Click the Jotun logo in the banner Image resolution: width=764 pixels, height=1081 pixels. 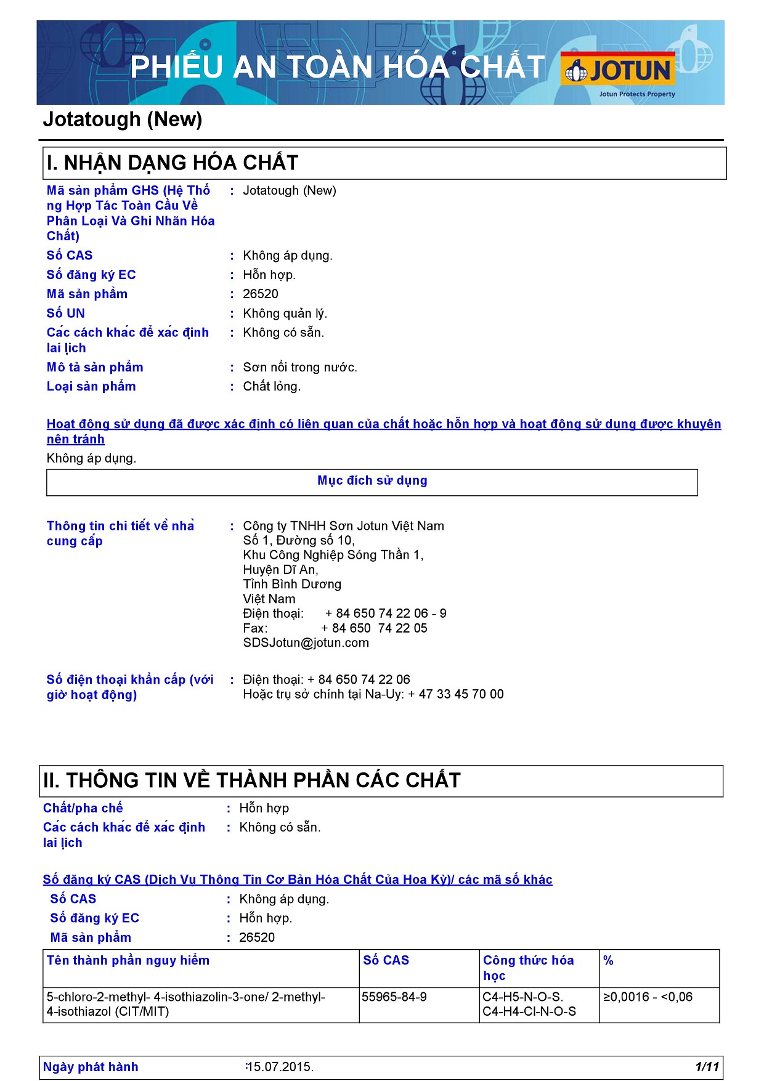tap(618, 71)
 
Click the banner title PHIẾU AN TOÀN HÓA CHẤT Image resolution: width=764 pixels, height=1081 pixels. tap(338, 67)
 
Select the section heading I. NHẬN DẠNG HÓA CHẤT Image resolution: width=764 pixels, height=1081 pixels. tap(173, 163)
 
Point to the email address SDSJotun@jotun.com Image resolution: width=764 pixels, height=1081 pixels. tap(306, 643)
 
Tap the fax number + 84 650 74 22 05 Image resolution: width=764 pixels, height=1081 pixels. tap(374, 628)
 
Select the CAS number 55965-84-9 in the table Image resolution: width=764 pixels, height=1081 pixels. tap(394, 997)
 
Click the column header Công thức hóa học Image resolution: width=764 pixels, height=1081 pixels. tap(528, 968)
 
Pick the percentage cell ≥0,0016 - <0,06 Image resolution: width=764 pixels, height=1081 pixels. tap(648, 997)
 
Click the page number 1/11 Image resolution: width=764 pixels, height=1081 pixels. tap(707, 1067)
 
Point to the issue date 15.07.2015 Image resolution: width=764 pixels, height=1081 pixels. tap(281, 1067)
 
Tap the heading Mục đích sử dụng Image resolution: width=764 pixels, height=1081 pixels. tap(372, 480)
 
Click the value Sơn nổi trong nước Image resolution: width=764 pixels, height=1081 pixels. tap(300, 368)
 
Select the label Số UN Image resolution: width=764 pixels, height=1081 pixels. tap(66, 314)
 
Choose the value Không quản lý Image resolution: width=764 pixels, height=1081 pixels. tap(285, 314)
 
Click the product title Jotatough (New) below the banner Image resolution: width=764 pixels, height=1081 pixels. tap(123, 119)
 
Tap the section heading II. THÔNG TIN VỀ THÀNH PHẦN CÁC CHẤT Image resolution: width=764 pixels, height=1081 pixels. tap(252, 780)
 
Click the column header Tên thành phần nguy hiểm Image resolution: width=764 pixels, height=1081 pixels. tap(128, 960)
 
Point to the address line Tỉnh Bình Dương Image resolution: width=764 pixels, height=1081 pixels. tap(292, 584)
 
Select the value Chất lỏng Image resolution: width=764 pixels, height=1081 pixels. tap(272, 387)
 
